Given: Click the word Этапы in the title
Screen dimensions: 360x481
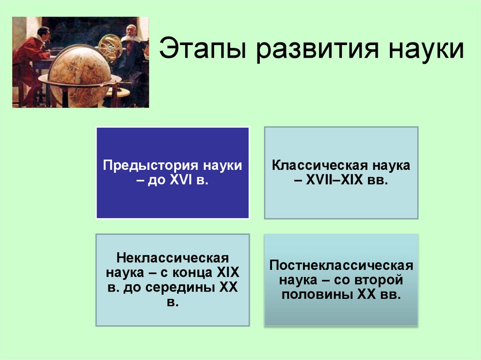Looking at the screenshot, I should (x=197, y=50).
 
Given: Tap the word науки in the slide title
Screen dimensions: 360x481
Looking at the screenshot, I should (x=421, y=50).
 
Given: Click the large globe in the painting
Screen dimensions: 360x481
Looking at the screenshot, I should (x=80, y=75).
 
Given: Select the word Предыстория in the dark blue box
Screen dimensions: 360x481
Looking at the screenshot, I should (x=152, y=166).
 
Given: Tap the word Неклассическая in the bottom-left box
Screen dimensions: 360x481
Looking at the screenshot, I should (x=172, y=259).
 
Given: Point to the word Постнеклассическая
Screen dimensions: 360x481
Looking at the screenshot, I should (x=341, y=266).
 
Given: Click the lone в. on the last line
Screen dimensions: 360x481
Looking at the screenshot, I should (x=172, y=302).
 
